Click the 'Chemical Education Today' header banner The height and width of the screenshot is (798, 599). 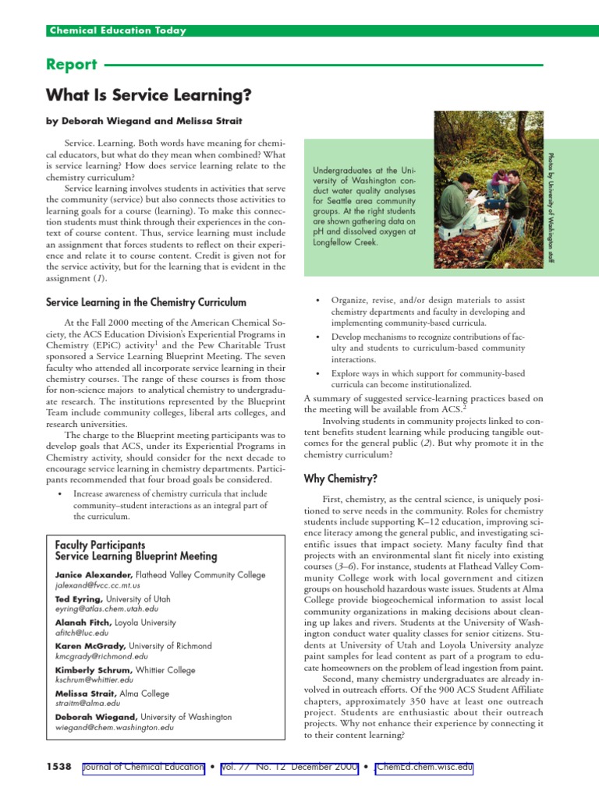pos(118,30)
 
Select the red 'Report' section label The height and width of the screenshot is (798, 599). pos(72,65)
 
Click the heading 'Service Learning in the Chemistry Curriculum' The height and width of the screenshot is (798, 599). pos(146,302)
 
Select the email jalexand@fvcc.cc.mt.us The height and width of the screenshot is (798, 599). pos(97,584)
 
